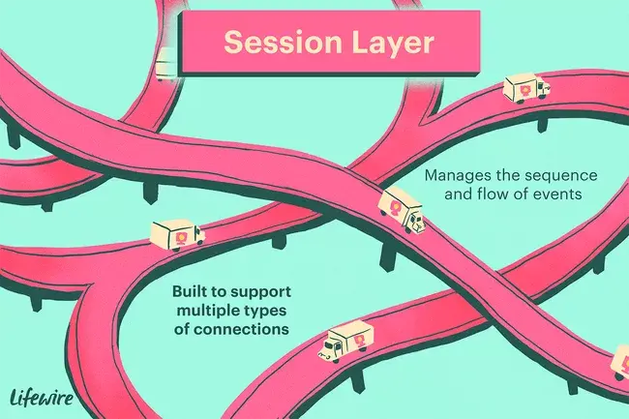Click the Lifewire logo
tap(45, 395)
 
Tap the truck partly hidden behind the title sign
tap(166, 63)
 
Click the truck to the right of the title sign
tap(525, 89)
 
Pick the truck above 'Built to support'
tap(178, 233)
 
